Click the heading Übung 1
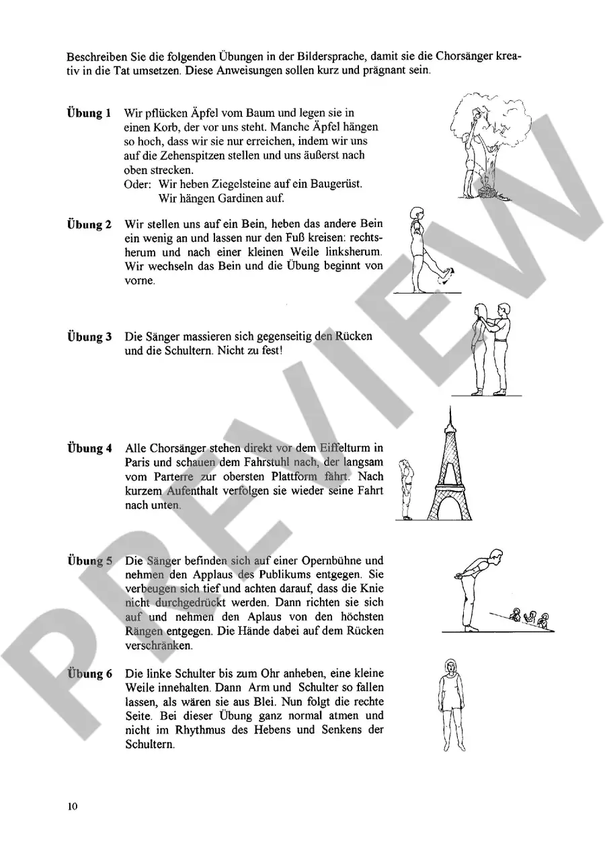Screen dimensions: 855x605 click(x=89, y=112)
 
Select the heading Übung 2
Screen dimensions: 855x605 click(x=89, y=224)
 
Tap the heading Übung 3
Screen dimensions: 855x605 click(x=89, y=336)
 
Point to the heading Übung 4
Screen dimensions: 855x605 click(x=89, y=448)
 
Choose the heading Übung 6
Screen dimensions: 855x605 click(x=89, y=674)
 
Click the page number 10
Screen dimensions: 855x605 click(x=73, y=806)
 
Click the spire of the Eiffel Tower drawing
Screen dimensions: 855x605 click(x=449, y=416)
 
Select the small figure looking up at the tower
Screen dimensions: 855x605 click(x=406, y=490)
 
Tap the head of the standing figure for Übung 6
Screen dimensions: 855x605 click(x=450, y=668)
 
